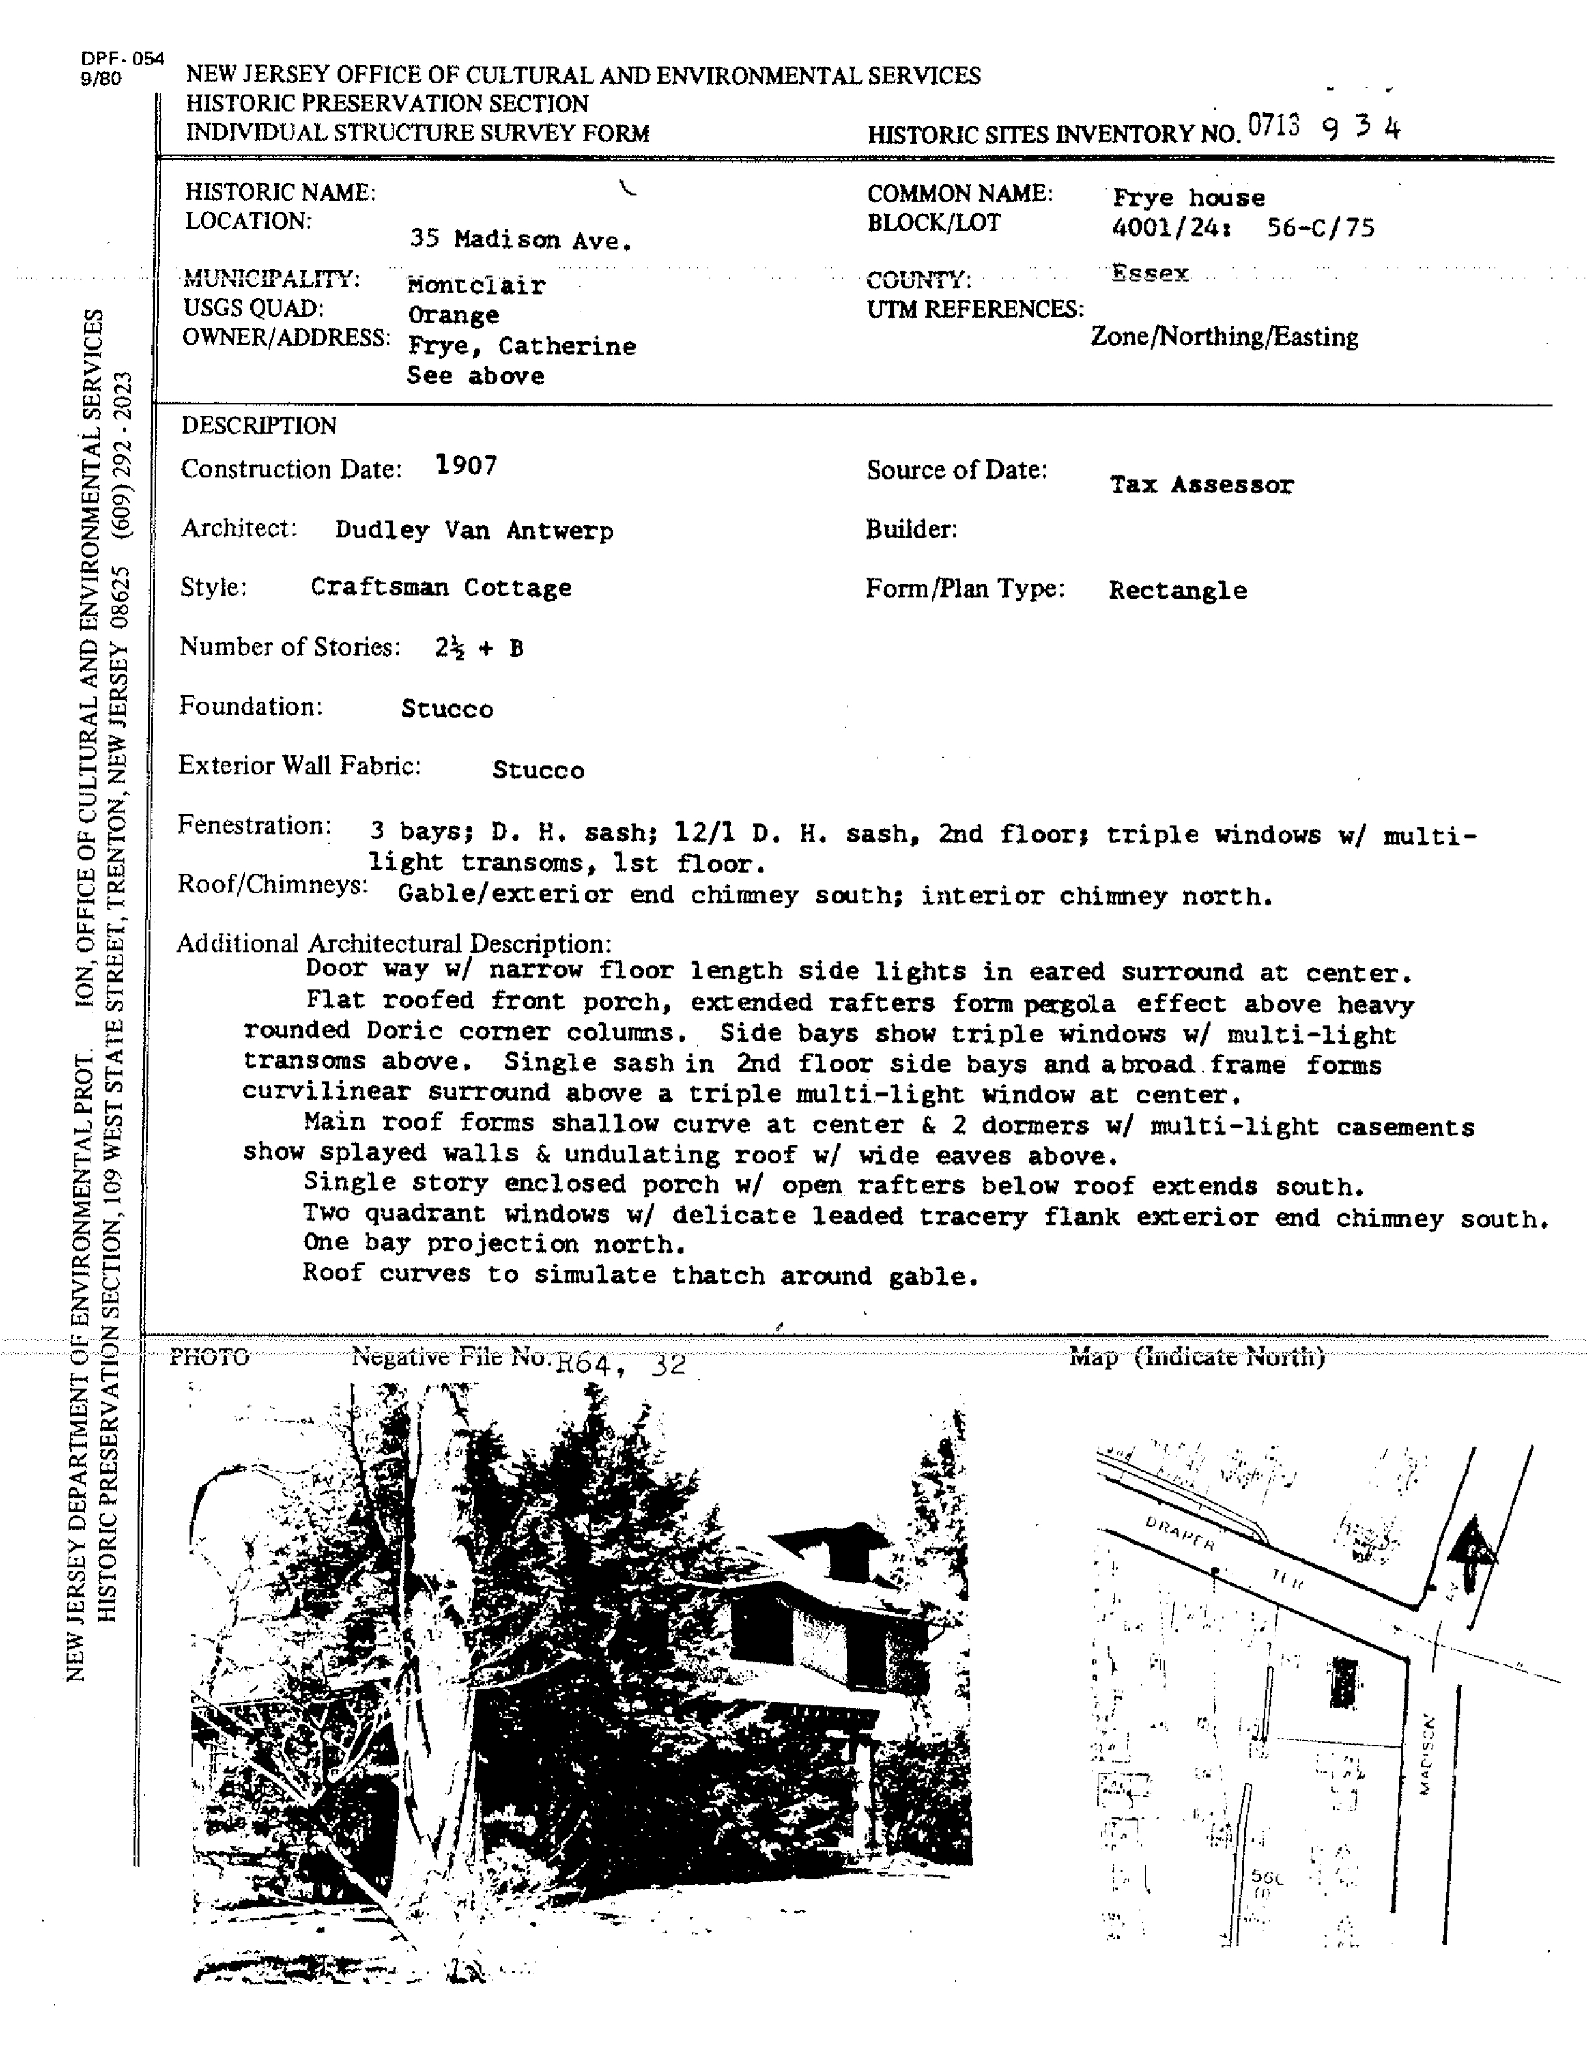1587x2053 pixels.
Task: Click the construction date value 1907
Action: point(466,465)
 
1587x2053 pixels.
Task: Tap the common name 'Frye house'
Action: point(1188,198)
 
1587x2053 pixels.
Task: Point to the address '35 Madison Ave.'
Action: point(520,241)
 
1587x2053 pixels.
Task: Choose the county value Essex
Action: point(1150,274)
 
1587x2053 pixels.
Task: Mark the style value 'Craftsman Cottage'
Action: point(441,588)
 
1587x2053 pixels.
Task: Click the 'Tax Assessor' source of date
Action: point(1201,485)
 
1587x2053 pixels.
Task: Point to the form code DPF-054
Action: point(122,59)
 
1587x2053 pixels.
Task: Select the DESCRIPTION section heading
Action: point(259,426)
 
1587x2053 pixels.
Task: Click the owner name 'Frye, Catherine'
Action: point(522,347)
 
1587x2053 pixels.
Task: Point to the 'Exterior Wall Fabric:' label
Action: point(300,766)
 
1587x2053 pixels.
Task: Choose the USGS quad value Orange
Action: point(453,316)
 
